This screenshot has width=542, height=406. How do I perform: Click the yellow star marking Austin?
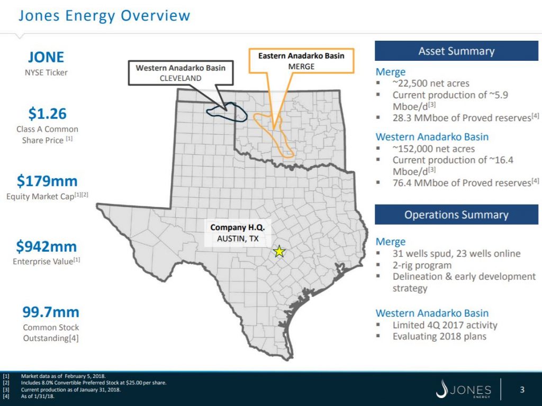click(x=278, y=252)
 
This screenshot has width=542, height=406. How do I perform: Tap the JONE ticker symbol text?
click(x=46, y=57)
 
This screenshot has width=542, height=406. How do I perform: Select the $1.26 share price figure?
click(x=47, y=114)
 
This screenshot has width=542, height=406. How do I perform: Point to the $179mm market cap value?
click(x=47, y=181)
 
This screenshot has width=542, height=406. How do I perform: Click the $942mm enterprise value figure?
click(x=47, y=246)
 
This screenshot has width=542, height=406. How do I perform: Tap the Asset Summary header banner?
click(x=456, y=51)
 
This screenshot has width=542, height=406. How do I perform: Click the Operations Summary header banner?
click(x=456, y=215)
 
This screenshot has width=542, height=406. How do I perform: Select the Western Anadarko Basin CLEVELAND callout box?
click(x=180, y=73)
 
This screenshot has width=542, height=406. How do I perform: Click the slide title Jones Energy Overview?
click(x=104, y=15)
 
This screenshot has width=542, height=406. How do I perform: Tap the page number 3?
click(x=522, y=391)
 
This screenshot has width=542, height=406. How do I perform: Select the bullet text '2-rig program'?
click(x=422, y=265)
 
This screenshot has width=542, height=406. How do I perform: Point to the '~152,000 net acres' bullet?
click(x=433, y=149)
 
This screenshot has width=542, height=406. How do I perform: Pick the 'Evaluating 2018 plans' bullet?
click(x=439, y=336)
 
